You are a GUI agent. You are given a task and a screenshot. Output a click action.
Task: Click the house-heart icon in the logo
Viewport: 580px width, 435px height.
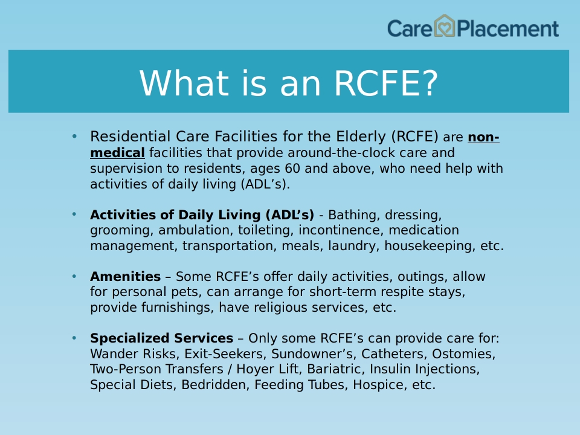pos(444,26)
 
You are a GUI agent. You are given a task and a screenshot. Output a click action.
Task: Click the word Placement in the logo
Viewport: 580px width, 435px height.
pos(508,29)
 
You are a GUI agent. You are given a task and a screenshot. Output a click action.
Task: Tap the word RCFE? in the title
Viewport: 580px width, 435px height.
pos(386,83)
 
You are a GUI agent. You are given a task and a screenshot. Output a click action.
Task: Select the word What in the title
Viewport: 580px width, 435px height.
pos(184,83)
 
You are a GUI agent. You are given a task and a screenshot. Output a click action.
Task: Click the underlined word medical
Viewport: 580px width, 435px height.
pos(117,153)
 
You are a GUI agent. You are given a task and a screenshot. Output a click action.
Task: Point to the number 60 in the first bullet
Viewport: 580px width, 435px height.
pos(292,169)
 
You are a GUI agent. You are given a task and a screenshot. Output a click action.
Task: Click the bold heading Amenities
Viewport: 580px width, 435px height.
pos(126,276)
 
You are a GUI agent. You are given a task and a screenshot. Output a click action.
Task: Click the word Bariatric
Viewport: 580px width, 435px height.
pos(336,369)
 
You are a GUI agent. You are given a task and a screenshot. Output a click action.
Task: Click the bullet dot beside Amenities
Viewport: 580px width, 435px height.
pos(74,276)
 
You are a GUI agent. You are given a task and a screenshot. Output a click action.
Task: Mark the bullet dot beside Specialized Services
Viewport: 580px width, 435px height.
pos(74,338)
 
